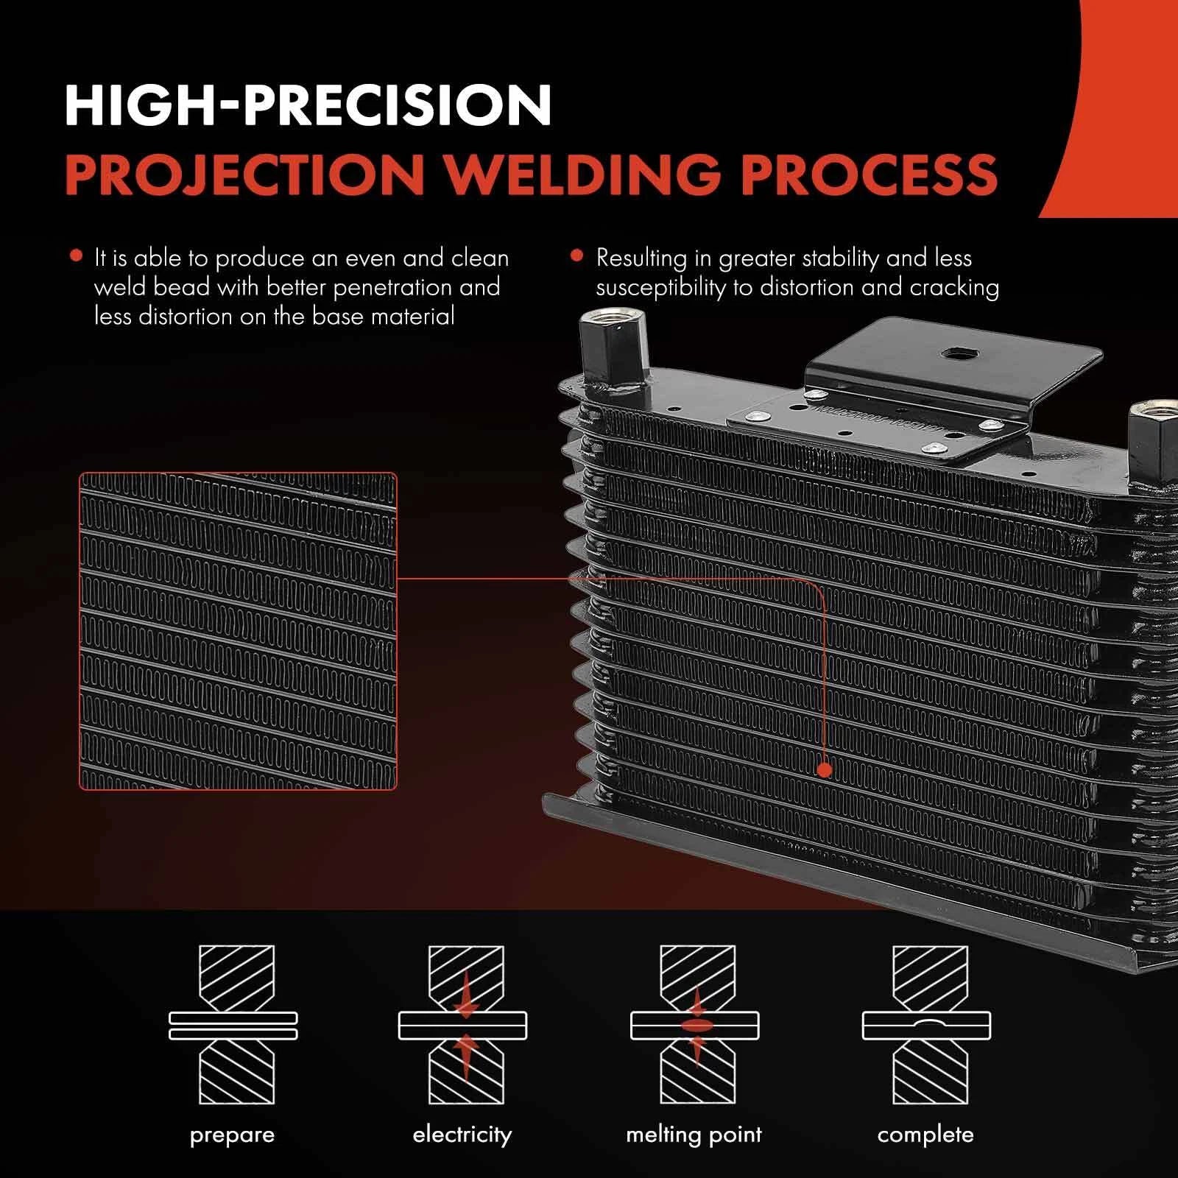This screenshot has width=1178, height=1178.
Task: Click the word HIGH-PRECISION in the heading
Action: [308, 106]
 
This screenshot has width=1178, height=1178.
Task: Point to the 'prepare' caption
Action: [232, 1135]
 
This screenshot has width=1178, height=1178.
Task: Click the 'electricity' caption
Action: [462, 1134]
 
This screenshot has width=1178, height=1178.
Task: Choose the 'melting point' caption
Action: [694, 1135]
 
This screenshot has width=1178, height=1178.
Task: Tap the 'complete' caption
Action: [925, 1135]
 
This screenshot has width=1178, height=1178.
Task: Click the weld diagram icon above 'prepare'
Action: [233, 1025]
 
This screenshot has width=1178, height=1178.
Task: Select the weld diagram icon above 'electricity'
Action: [463, 1025]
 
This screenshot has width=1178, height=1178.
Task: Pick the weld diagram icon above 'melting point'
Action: [694, 1025]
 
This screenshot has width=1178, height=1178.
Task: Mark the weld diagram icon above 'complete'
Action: [926, 1025]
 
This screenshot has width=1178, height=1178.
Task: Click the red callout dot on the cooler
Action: [825, 770]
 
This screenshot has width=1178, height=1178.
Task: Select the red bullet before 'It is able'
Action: [75, 256]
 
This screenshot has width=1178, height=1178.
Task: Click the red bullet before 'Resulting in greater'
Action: [577, 256]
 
